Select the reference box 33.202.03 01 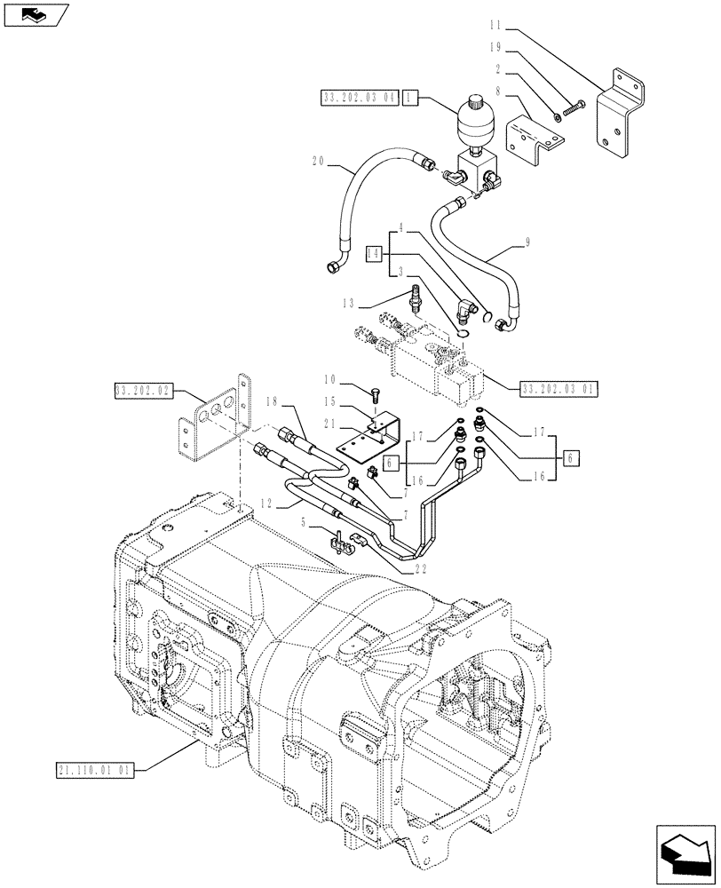pos(560,387)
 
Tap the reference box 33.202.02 pos(145,390)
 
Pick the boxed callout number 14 pos(373,254)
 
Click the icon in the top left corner pos(35,14)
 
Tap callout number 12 pos(265,504)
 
